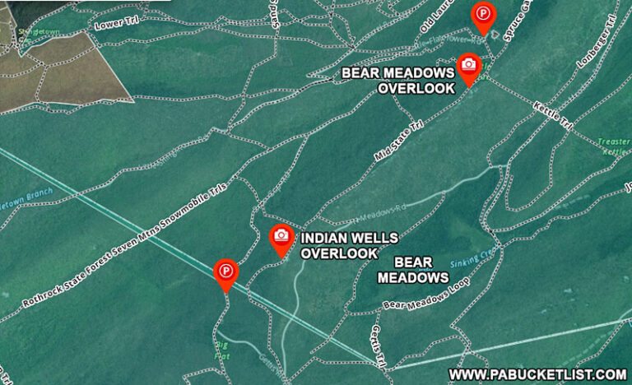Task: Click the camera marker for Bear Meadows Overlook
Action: click(x=468, y=65)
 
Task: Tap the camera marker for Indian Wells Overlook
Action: click(x=281, y=236)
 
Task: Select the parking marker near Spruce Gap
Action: click(x=482, y=14)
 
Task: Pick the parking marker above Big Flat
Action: click(x=225, y=271)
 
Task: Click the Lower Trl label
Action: click(x=109, y=25)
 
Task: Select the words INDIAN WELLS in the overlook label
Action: click(x=349, y=238)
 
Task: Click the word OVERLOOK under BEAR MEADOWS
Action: click(x=416, y=88)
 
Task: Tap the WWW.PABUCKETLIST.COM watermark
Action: click(x=537, y=374)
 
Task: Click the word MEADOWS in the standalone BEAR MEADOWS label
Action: click(x=412, y=277)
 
